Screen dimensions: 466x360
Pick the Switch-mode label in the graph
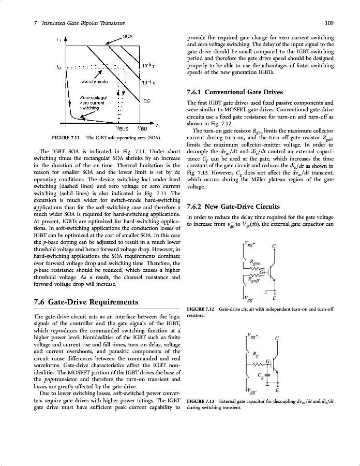pos(94,82)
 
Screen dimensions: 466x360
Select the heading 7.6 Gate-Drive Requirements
pos(85,302)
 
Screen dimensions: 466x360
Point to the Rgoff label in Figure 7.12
pos(254,281)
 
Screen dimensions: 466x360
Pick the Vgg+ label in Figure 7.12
pos(250,243)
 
